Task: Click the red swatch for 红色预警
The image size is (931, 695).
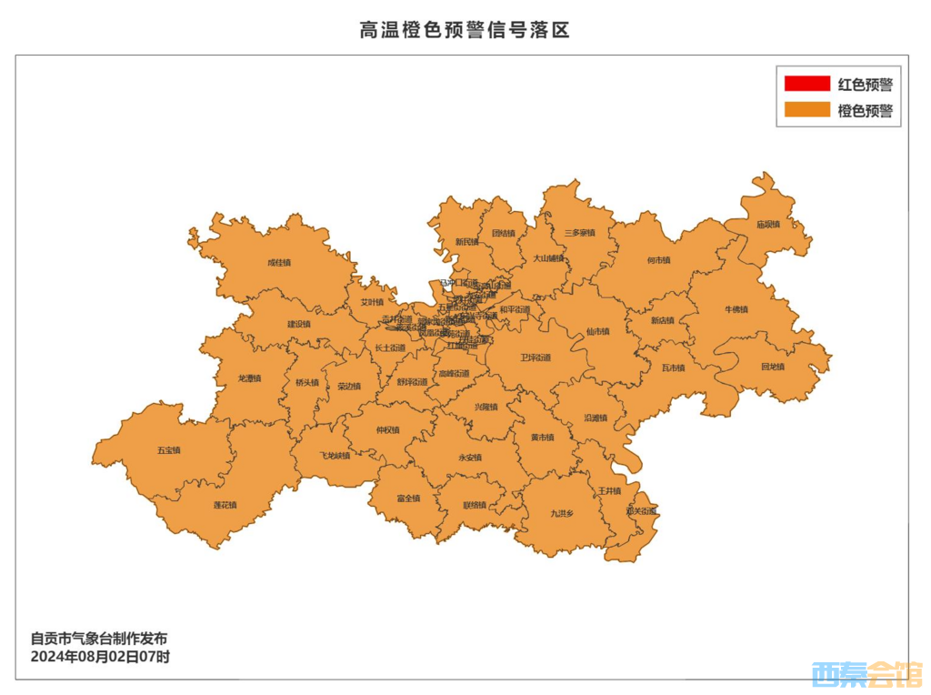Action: click(806, 84)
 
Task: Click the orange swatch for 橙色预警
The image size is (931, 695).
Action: click(806, 110)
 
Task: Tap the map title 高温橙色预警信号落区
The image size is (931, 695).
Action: click(465, 30)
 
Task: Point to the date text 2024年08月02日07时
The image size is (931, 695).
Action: click(100, 656)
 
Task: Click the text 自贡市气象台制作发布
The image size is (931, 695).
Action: click(99, 639)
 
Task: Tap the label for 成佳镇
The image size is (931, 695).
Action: click(279, 263)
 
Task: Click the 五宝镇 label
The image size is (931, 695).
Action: click(169, 450)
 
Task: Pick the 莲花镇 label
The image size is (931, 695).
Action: click(225, 504)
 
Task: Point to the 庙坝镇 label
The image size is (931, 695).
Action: click(768, 224)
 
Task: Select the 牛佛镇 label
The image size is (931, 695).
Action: click(736, 309)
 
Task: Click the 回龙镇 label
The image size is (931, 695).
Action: click(772, 367)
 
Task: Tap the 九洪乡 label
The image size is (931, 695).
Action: click(562, 513)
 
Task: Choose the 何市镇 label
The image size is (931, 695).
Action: click(658, 260)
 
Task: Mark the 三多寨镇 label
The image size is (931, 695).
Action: click(579, 233)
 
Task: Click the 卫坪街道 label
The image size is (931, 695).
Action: click(536, 358)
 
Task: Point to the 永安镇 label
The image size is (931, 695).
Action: click(469, 457)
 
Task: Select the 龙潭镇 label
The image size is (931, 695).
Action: click(249, 378)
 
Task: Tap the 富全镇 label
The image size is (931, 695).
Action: click(408, 498)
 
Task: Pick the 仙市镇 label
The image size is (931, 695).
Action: click(598, 331)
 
